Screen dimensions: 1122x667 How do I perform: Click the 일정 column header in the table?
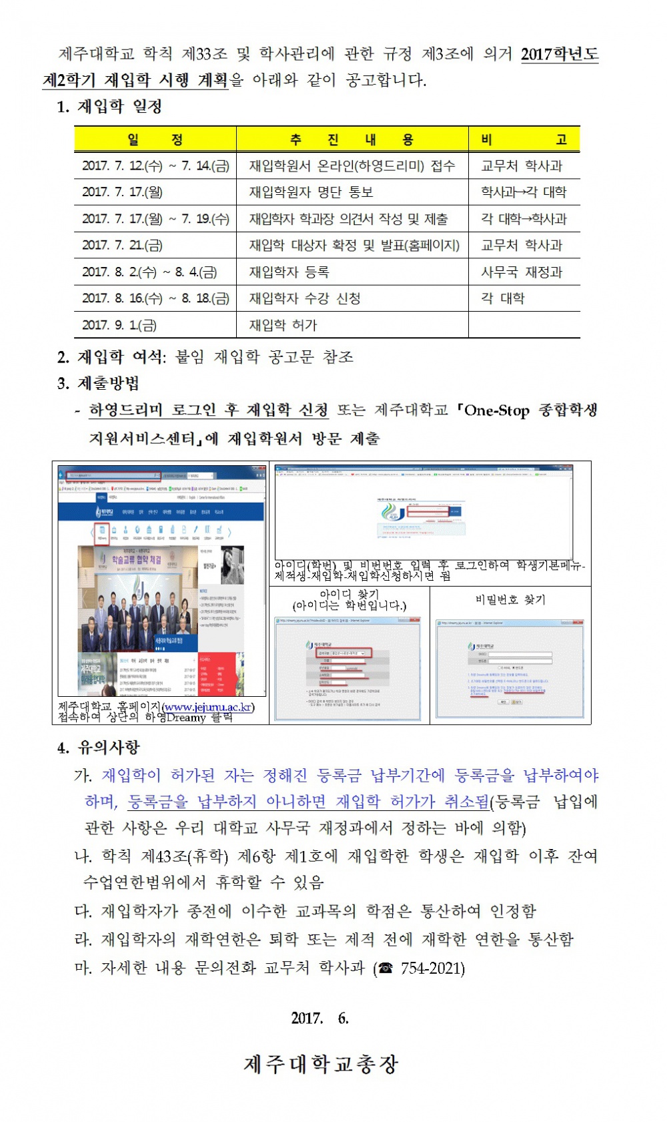tap(155, 139)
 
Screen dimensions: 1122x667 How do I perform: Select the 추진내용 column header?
tap(352, 139)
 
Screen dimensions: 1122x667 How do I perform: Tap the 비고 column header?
tap(524, 139)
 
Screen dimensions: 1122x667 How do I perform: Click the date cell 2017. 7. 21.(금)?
tap(122, 246)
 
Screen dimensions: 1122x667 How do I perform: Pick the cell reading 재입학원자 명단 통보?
tap(311, 192)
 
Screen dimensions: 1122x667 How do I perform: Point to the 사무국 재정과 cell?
tap(522, 272)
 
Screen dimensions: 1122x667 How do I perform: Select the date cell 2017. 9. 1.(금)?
tap(119, 326)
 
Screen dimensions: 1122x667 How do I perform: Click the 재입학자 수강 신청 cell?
tap(305, 298)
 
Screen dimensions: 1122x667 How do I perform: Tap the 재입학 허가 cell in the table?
tap(283, 326)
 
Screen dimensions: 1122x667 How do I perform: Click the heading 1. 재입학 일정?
tap(109, 107)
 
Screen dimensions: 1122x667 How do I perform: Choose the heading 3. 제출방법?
tap(98, 384)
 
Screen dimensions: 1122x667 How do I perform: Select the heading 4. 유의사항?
tap(99, 748)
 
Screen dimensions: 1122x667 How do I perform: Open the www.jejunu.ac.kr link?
tap(207, 708)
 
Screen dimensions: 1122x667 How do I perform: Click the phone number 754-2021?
tap(432, 968)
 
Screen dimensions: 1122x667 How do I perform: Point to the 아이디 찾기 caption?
tap(349, 594)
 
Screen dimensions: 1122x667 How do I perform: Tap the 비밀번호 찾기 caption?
tap(510, 599)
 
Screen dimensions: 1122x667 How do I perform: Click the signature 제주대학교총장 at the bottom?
tap(321, 1065)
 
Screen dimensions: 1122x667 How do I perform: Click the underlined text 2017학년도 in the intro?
tap(559, 54)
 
